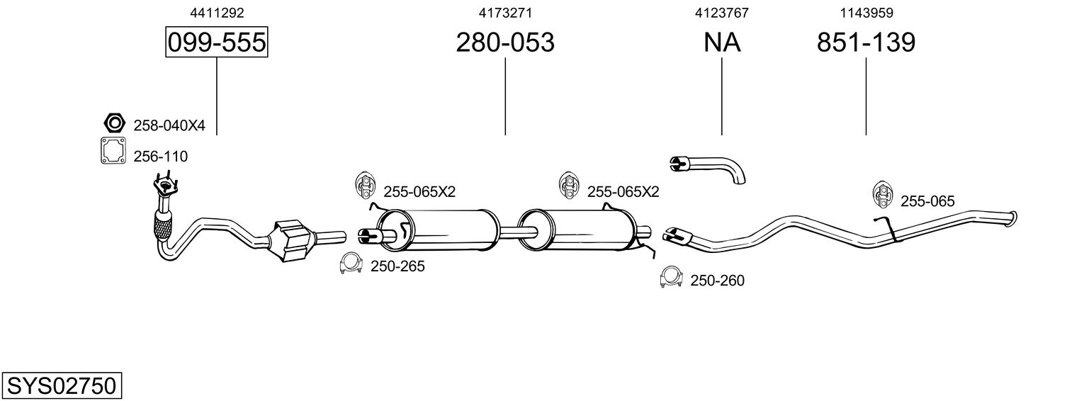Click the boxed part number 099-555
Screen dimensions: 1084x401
[x=217, y=42]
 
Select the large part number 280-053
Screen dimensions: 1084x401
[x=505, y=42]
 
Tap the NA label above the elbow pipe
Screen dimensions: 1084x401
[x=722, y=42]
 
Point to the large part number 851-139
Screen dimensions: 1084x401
[x=866, y=42]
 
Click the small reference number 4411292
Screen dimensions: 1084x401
[x=217, y=13]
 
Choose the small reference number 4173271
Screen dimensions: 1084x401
[x=505, y=13]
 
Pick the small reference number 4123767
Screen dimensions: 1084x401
[x=722, y=13]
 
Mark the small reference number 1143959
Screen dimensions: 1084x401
[x=866, y=13]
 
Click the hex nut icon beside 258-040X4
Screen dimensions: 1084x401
[x=114, y=123]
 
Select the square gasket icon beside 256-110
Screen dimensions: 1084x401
[x=113, y=150]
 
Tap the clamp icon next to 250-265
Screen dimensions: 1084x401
[x=351, y=264]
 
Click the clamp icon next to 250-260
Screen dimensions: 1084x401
[x=671, y=277]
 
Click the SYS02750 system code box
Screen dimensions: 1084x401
[x=62, y=385]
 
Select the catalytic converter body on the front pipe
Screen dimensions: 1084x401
[x=292, y=241]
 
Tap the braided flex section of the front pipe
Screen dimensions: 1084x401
[x=163, y=227]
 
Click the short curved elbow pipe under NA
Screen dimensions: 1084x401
[x=708, y=169]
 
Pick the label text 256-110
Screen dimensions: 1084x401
[x=161, y=157]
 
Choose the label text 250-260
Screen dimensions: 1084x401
[x=717, y=281]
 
